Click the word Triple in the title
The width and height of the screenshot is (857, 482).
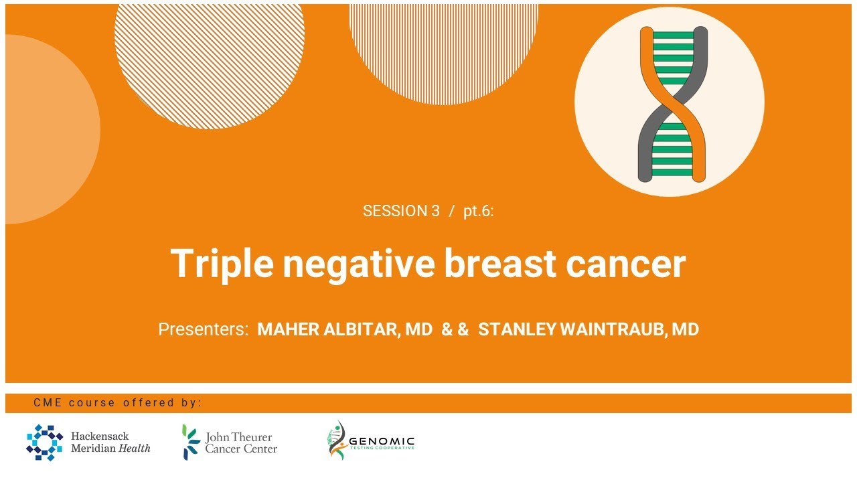[222, 263]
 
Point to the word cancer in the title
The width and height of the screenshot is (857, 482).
[625, 263]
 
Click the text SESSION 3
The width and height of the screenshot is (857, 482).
[400, 211]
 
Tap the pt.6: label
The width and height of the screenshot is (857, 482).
[478, 211]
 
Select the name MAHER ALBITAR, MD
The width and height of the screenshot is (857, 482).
[345, 329]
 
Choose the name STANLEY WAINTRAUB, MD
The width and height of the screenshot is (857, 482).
[588, 329]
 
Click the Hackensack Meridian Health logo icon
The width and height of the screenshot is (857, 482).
[44, 443]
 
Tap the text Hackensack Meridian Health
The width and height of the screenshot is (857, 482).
[110, 443]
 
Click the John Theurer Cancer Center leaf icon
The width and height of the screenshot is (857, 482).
[191, 443]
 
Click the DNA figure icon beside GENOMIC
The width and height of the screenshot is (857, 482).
[337, 440]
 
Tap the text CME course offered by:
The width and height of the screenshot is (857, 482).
[117, 402]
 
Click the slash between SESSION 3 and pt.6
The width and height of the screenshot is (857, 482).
[452, 211]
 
